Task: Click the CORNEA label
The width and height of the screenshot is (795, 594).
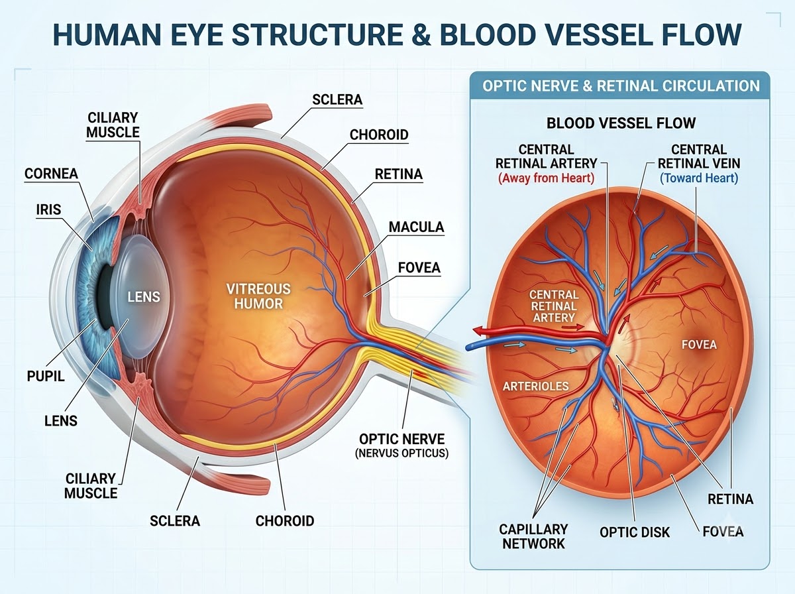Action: (x=51, y=174)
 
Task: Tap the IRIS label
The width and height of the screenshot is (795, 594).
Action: (x=48, y=209)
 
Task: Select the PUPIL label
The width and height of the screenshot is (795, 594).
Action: (x=46, y=376)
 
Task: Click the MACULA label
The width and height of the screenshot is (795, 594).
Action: (x=416, y=227)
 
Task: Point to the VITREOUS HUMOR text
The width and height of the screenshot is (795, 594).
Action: (x=258, y=296)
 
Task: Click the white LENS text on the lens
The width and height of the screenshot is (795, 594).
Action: (x=144, y=297)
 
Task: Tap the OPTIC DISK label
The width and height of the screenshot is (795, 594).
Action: (x=635, y=532)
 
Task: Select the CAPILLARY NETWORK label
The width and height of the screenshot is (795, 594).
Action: (x=533, y=536)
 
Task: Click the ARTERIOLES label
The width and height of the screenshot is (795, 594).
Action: (x=536, y=386)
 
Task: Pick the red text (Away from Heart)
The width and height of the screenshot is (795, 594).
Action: (x=546, y=178)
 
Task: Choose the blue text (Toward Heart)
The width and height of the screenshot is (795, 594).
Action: (x=699, y=178)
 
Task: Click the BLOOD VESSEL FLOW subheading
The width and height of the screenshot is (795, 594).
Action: (x=621, y=123)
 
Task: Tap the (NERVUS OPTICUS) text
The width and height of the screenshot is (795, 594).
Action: (x=401, y=453)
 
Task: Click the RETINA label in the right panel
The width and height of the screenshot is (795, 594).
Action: (x=730, y=499)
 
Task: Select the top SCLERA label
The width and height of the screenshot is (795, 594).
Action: (x=337, y=99)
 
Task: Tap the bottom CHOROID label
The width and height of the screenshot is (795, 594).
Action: (x=285, y=521)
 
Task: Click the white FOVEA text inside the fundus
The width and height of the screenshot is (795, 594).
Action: (x=699, y=345)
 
